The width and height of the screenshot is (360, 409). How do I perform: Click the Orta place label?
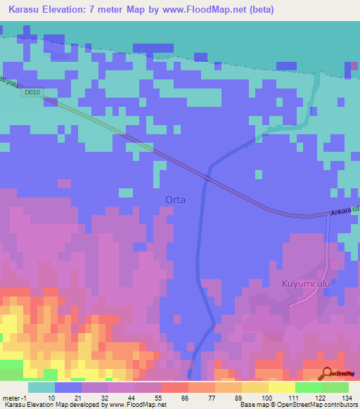(x=175, y=200)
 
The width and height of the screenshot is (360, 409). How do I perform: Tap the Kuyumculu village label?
(x=305, y=283)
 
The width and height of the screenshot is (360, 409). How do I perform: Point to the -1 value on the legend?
(x=24, y=397)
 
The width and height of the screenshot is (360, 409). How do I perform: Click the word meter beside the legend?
(x=11, y=397)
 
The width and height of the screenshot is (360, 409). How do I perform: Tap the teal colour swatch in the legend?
(x=41, y=387)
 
